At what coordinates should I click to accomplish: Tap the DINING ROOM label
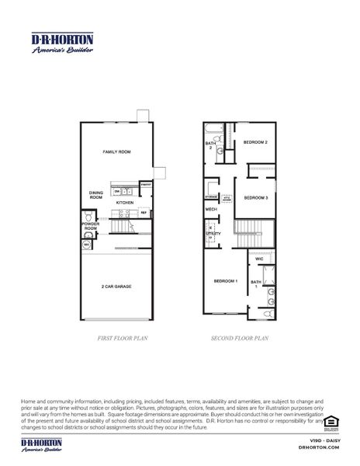tap(95, 195)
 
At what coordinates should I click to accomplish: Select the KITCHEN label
tap(125, 203)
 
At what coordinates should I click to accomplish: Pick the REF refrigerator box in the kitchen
tap(143, 212)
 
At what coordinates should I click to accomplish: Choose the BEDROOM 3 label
tap(255, 198)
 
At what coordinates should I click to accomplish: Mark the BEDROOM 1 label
tap(226, 280)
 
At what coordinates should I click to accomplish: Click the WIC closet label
tap(259, 259)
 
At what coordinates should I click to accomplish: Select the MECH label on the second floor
tap(210, 210)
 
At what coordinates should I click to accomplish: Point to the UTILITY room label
tap(210, 233)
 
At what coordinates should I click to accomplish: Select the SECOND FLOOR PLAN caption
tap(241, 339)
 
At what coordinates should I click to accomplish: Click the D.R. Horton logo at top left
tap(62, 43)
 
